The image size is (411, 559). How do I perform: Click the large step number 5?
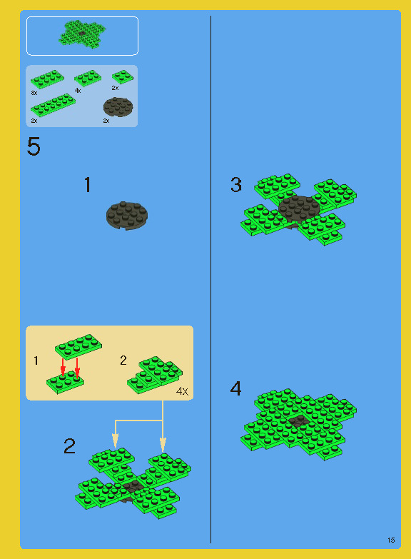click(34, 146)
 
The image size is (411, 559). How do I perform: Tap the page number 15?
click(391, 540)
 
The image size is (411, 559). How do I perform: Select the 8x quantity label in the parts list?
click(34, 93)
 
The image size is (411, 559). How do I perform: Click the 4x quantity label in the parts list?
click(78, 91)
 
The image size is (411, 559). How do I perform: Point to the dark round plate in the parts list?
click(118, 106)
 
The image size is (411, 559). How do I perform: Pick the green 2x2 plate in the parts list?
click(123, 76)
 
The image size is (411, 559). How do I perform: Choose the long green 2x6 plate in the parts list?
click(53, 105)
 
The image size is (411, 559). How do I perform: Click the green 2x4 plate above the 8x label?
click(47, 79)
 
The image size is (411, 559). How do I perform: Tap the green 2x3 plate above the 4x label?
click(88, 78)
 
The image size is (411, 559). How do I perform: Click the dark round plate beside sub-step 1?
click(127, 216)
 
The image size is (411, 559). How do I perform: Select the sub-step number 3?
click(236, 185)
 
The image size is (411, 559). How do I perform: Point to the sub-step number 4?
click(235, 388)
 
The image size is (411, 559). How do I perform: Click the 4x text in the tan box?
click(182, 391)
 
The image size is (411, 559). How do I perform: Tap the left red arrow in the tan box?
click(63, 367)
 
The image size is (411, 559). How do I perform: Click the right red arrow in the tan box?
click(77, 367)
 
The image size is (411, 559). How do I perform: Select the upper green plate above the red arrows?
click(78, 346)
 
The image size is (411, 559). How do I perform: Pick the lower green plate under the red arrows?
click(65, 382)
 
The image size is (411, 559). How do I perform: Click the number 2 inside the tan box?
click(123, 360)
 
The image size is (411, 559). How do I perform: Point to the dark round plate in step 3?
click(299, 209)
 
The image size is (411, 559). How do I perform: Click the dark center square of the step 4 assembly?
click(299, 420)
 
